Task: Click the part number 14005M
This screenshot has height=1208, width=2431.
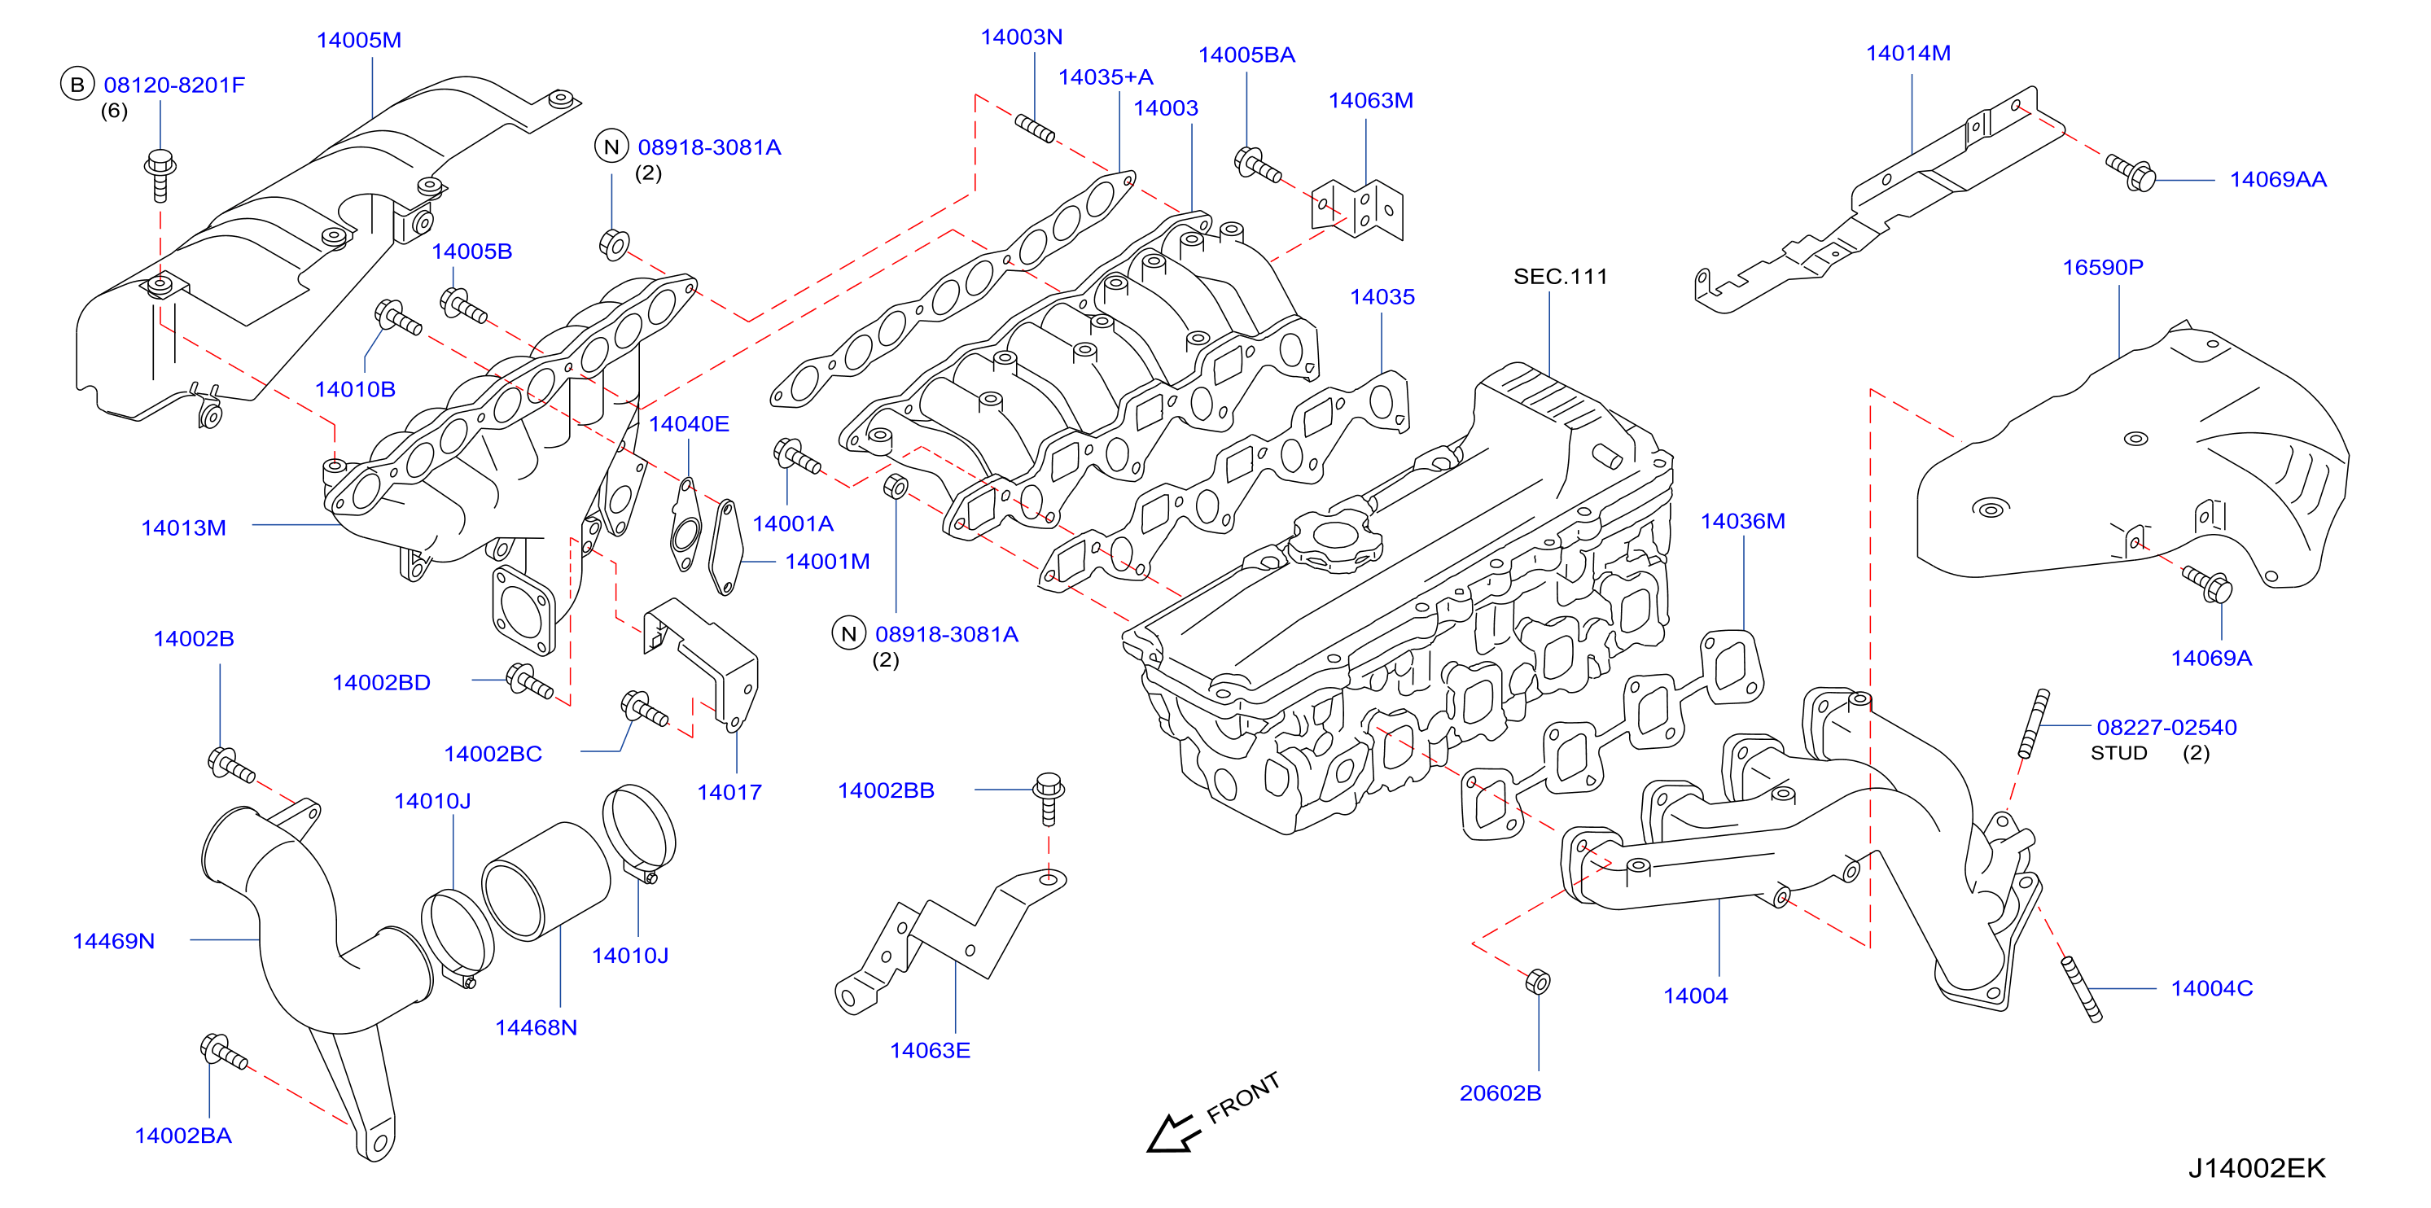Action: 358,40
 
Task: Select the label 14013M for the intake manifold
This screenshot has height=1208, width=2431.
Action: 184,527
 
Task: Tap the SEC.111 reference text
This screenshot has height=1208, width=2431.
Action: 1560,277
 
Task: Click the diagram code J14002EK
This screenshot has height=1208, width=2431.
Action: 2257,1168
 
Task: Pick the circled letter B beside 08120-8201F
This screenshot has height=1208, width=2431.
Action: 77,85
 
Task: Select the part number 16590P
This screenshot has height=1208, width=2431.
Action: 2103,267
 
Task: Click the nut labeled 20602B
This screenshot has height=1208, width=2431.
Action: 1537,982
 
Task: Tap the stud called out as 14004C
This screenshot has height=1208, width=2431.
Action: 2083,989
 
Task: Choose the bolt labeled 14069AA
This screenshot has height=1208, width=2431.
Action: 2131,173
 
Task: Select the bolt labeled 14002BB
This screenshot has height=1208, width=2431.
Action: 1049,799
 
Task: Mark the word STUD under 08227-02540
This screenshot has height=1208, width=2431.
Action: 2118,753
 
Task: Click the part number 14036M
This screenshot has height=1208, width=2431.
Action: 1742,521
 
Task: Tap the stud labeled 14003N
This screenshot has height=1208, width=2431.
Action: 1034,128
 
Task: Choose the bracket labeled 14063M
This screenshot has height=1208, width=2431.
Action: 1357,209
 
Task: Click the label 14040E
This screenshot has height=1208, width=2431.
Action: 689,424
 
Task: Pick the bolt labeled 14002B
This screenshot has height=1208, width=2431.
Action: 231,764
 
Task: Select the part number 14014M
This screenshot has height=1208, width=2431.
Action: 1908,53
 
